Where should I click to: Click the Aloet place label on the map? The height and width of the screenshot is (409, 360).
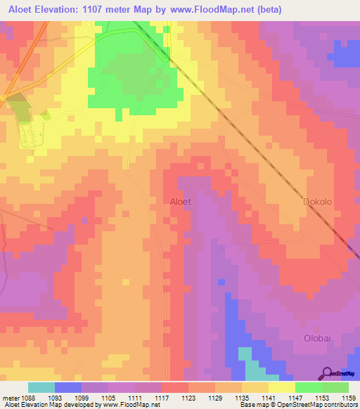[x=181, y=202]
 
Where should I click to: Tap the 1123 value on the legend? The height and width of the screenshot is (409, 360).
[x=188, y=398]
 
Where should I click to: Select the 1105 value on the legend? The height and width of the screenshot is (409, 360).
[x=108, y=398]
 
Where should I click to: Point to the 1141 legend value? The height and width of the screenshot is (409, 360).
[x=268, y=398]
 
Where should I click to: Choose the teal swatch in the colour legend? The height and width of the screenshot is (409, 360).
[x=41, y=387]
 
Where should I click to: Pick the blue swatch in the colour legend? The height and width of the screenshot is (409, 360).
[x=68, y=387]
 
